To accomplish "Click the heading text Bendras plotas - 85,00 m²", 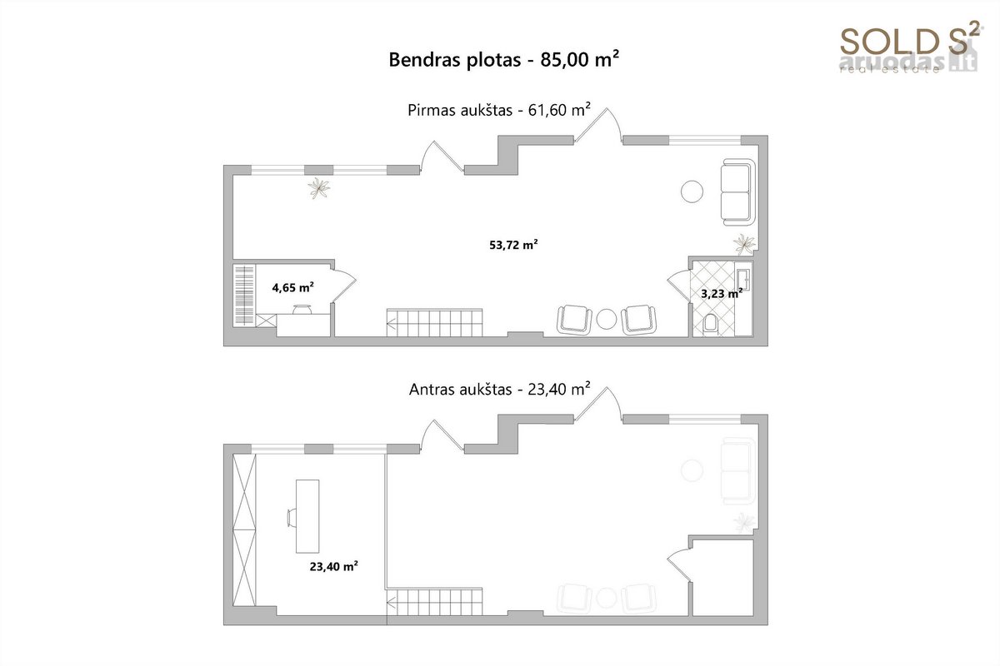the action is coord(503,59).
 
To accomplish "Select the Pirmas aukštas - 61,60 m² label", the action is coord(499,110).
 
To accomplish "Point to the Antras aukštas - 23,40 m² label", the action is coord(500,389).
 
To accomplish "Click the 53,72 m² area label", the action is coord(513,245).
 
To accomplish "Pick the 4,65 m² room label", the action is coord(292,287).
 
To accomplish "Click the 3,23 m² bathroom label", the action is coord(722,293).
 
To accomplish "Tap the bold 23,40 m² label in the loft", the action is coord(334,566).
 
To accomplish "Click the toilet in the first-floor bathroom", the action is coord(710,325).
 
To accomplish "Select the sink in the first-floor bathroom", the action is coord(743,280).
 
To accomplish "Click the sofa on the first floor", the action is coord(738,191).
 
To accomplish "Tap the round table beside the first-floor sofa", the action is coord(692,191).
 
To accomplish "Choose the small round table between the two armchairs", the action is coord(607,320).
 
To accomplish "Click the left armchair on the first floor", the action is coord(574,320).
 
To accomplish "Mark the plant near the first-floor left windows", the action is coord(318,188).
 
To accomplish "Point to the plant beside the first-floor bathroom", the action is coord(744,245).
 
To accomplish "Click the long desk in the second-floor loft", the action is coord(307,516).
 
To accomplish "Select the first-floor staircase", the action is coord(434,322).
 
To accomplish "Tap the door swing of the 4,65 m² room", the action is coord(343,286).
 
